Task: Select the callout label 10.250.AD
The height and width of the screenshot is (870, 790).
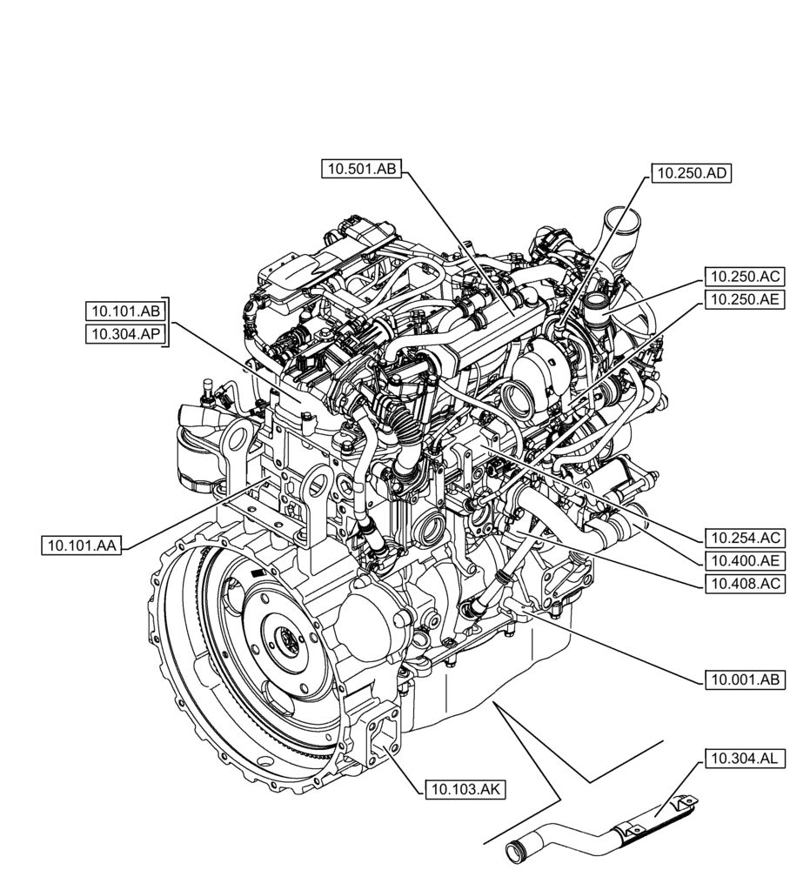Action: pos(692,174)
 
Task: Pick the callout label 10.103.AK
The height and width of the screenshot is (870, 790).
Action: pos(465,789)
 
